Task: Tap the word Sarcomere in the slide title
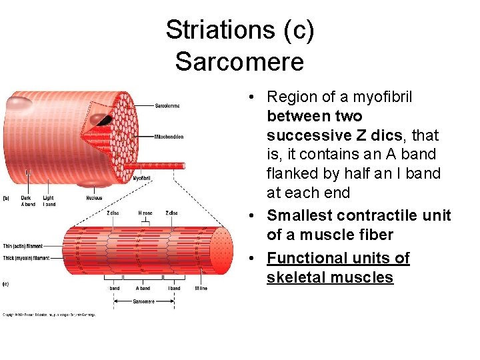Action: pos(239,61)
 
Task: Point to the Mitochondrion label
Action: pos(169,137)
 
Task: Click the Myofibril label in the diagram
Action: pos(141,179)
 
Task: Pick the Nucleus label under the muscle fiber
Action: pos(94,198)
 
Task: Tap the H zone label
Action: pos(145,213)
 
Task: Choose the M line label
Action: pos(201,289)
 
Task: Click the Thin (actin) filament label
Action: pos(23,246)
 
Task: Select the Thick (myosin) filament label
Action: pos(25,257)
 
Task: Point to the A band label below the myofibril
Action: pos(143,289)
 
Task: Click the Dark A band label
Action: pos(28,201)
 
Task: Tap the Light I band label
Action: pos(49,201)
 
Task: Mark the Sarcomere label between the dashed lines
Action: pos(143,301)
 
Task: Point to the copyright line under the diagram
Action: pos(49,315)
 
